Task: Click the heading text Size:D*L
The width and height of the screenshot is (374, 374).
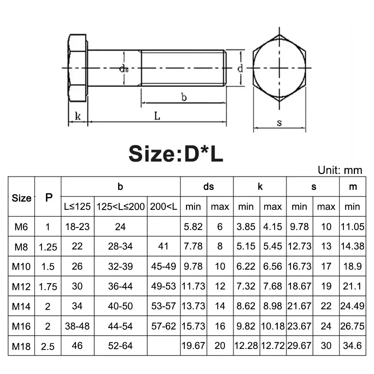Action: point(176,154)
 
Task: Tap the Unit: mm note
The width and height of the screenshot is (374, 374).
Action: point(340,170)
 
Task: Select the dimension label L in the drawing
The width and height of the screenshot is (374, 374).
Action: point(157,116)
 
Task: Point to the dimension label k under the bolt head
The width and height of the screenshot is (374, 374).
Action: point(77,116)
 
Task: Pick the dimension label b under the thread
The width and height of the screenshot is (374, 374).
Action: point(184,97)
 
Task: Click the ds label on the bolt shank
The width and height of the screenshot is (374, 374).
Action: point(124,68)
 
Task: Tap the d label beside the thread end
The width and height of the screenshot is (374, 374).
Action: point(240,68)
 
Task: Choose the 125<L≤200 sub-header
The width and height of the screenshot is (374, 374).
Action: point(120,206)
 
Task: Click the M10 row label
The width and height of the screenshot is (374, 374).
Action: point(21,266)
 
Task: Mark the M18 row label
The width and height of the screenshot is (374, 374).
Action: point(21,346)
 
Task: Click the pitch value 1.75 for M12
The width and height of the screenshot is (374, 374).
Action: point(48,286)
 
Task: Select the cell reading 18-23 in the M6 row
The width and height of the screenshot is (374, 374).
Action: point(77,227)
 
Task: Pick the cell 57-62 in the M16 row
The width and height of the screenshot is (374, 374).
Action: point(163,326)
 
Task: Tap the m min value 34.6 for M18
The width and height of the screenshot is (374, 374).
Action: point(352,346)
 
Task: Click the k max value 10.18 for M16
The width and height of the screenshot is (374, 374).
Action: point(273,326)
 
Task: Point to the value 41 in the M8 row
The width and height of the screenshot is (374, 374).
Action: point(163,246)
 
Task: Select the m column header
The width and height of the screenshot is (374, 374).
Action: point(352,187)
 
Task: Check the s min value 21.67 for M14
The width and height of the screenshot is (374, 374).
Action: point(299,306)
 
